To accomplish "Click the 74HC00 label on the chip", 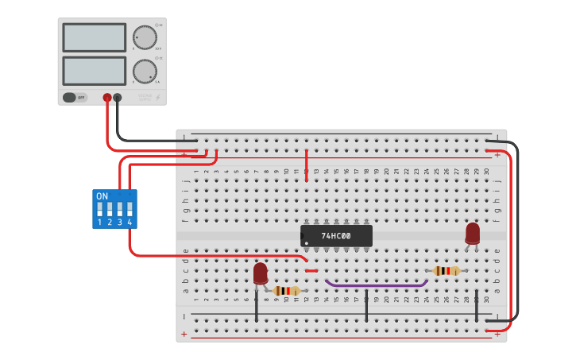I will [x=336, y=236].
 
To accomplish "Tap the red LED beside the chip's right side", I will [x=473, y=233].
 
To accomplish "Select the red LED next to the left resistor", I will [x=261, y=273].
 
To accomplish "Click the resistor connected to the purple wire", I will [x=446, y=271].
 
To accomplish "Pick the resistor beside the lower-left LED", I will [x=286, y=291].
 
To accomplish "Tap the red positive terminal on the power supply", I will [x=107, y=98].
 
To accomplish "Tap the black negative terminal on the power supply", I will [x=118, y=98].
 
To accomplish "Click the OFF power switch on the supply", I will [x=75, y=98].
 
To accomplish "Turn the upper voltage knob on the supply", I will [x=145, y=37].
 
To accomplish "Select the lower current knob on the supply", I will [x=145, y=71].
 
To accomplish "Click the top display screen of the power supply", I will [x=94, y=37].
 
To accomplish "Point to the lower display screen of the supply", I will [x=94, y=71].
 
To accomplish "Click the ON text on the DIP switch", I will [x=102, y=195].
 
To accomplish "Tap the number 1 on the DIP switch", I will [x=99, y=223].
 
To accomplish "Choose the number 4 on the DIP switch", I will [x=130, y=223].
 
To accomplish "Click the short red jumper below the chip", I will [x=311, y=271].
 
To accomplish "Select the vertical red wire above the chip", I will [x=307, y=165].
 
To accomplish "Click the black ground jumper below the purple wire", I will [x=366, y=306].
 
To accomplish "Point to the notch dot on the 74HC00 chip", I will [x=306, y=242].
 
